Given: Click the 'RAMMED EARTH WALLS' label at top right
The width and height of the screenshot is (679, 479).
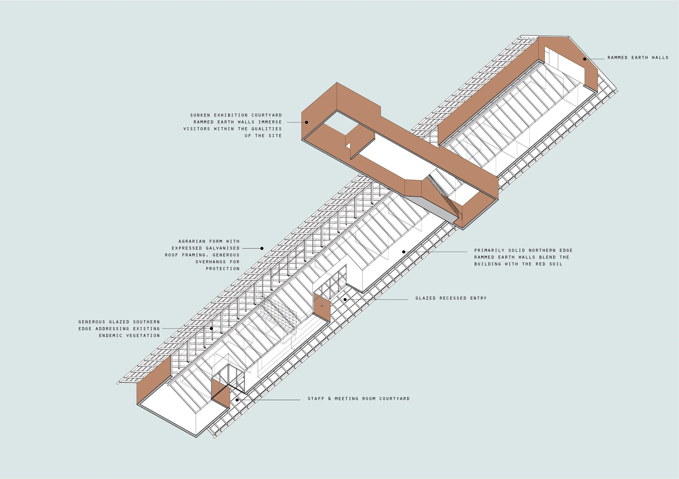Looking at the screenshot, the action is click(x=638, y=58).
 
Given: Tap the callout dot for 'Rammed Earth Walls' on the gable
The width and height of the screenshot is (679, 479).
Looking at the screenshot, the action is click(x=585, y=59).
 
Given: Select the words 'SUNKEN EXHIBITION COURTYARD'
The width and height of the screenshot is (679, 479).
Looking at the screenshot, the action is click(x=236, y=115).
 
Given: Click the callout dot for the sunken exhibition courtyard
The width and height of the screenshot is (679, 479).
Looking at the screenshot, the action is click(x=307, y=122).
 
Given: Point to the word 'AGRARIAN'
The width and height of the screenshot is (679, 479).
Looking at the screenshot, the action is click(x=192, y=241).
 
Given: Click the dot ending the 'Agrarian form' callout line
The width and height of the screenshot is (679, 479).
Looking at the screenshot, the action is click(x=262, y=248).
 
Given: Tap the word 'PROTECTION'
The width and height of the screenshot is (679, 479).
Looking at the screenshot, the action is click(x=223, y=269).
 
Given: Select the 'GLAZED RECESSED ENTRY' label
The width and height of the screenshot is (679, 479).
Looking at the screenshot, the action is click(x=451, y=298).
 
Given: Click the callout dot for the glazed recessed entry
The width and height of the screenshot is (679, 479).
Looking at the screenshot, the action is click(x=345, y=299).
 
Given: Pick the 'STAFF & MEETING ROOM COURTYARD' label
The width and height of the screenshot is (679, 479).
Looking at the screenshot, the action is click(x=359, y=399).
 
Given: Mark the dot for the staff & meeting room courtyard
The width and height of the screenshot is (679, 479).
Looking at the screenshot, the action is click(x=237, y=400).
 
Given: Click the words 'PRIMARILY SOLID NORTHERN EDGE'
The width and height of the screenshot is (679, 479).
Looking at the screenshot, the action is click(x=523, y=250).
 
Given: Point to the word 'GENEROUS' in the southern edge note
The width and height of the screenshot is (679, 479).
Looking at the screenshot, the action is click(x=92, y=322).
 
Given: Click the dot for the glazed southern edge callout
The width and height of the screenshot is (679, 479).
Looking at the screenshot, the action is click(x=211, y=329).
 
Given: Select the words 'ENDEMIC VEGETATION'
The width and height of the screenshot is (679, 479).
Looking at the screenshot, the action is click(x=129, y=336).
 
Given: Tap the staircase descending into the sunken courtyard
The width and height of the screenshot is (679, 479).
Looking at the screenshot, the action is click(x=444, y=195).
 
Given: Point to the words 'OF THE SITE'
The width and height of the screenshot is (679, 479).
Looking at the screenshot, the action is click(x=263, y=135).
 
